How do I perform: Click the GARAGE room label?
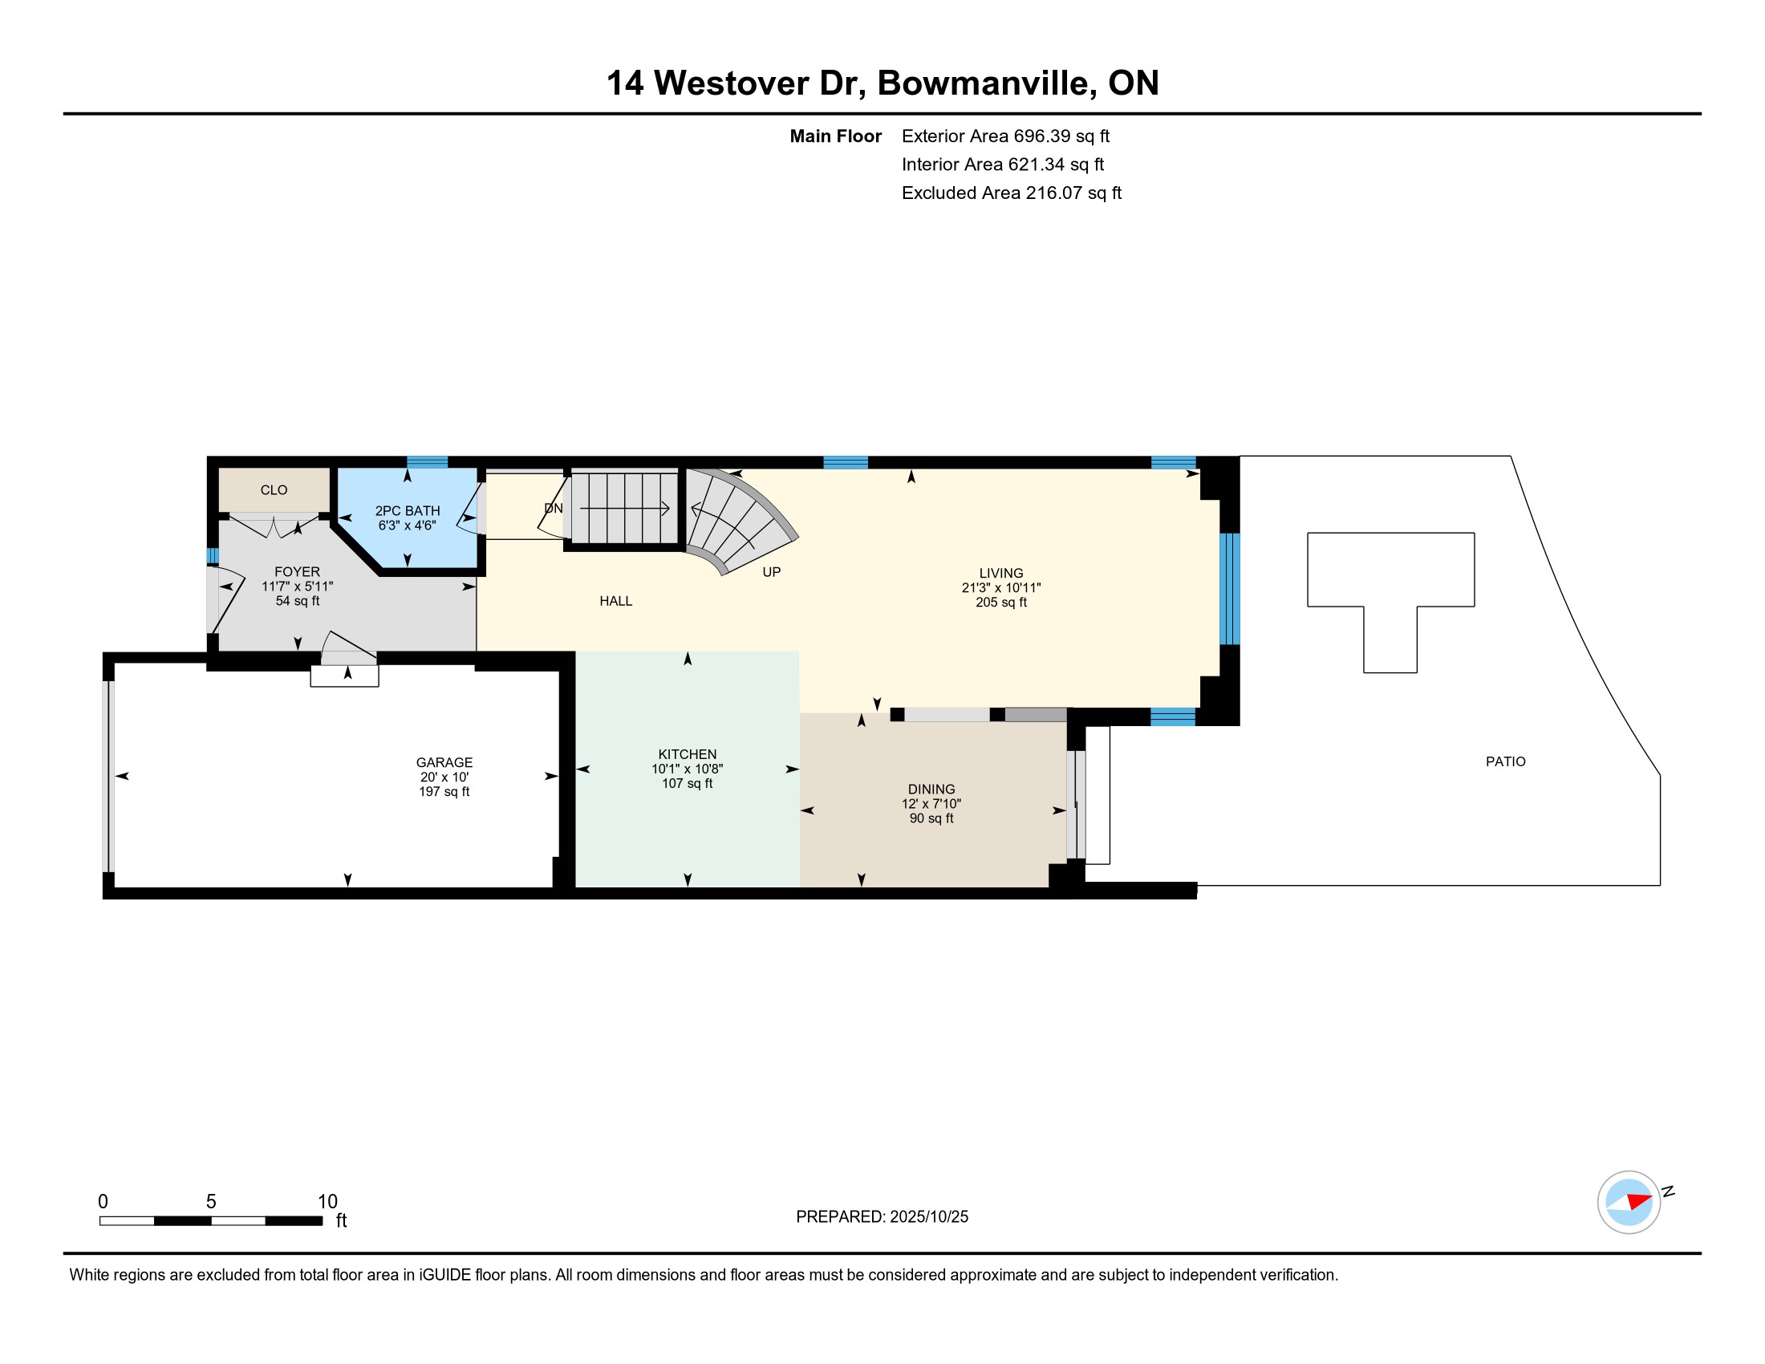pos(444,762)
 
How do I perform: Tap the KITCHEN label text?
pos(687,754)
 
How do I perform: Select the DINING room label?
pos(931,789)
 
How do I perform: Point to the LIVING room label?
pos(1000,573)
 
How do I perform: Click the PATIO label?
pos(1506,761)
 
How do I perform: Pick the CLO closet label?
pos(274,489)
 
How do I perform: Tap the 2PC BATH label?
pos(408,510)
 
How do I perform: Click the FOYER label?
pos(297,571)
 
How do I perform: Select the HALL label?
pos(616,600)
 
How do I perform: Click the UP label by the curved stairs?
pos(772,572)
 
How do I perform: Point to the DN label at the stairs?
pos(554,508)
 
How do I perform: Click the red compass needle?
pos(1638,1201)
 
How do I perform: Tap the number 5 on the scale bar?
pos(211,1201)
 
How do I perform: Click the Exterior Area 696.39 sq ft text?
pos(1005,136)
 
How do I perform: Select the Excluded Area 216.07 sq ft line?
pos(1012,193)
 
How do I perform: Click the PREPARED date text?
pos(882,1217)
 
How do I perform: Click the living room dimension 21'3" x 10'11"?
pos(1000,587)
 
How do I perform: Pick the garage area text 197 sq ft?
pos(444,791)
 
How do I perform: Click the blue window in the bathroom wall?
pos(427,462)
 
